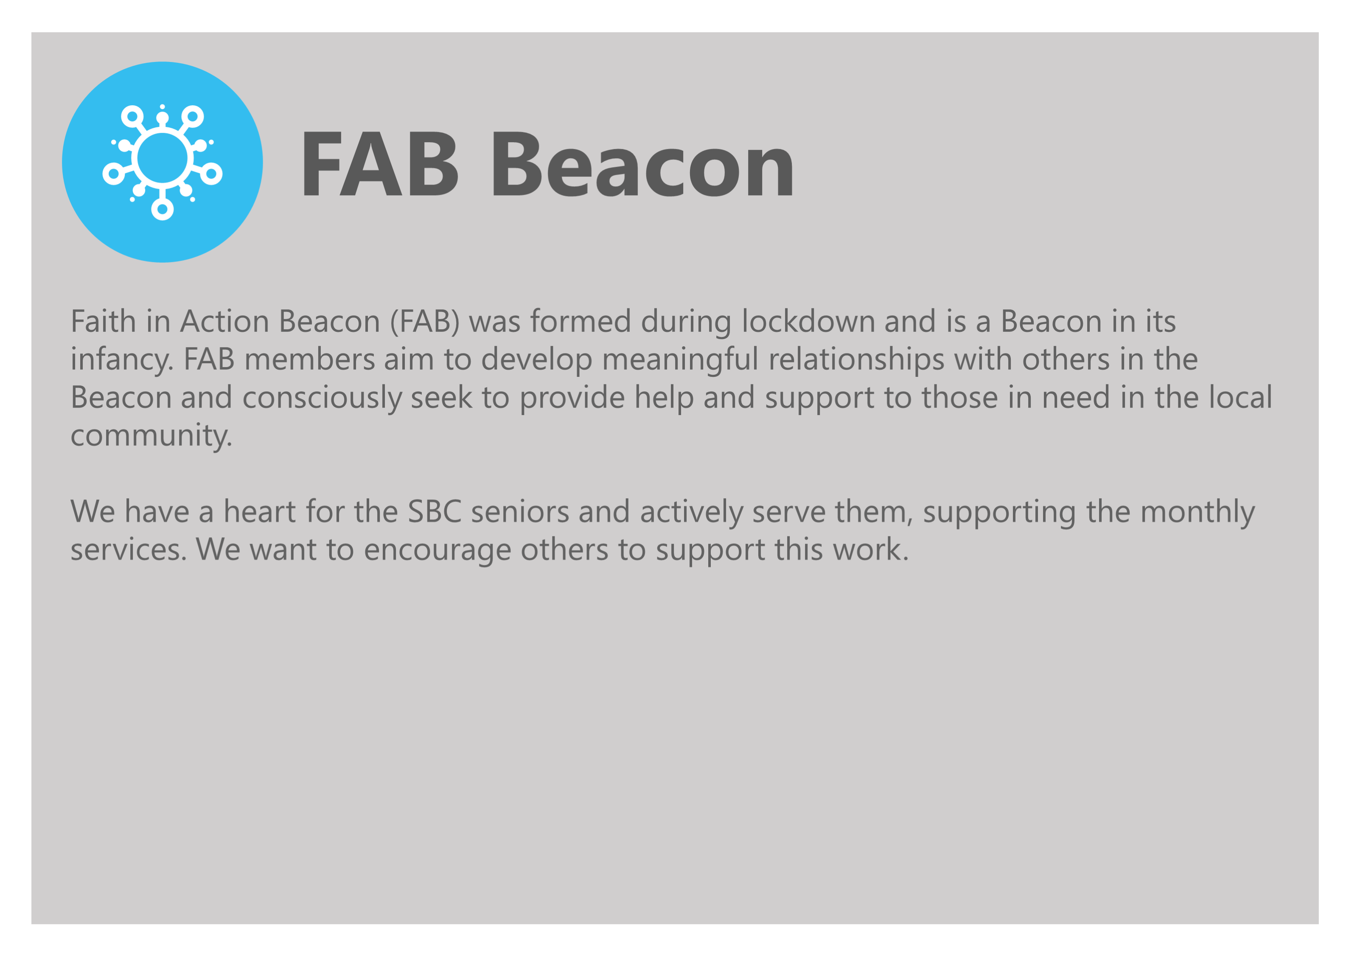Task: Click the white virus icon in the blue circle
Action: [162, 162]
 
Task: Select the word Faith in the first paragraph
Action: [103, 321]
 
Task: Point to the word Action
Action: [225, 321]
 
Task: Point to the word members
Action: [310, 359]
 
